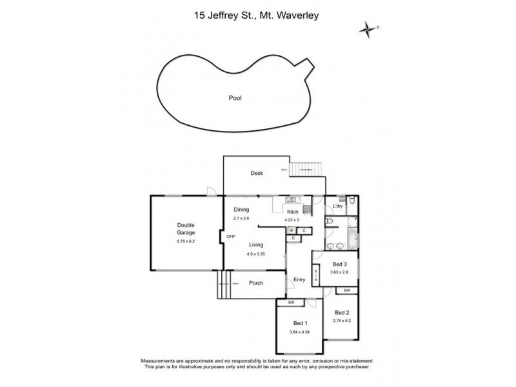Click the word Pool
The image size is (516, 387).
[x=235, y=99]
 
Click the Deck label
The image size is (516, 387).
[x=257, y=173]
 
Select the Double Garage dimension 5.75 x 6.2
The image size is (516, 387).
[x=185, y=241]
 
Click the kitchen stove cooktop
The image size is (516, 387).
[x=307, y=208]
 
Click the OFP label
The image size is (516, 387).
[x=230, y=237]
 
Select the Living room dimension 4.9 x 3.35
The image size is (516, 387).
[x=256, y=253]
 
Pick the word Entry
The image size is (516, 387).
[x=299, y=279]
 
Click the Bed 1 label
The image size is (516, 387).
[x=300, y=322]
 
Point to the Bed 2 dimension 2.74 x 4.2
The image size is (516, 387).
[x=342, y=320]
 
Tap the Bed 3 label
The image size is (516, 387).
[x=340, y=264]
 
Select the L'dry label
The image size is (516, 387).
[x=337, y=206]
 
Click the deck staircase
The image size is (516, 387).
[x=306, y=169]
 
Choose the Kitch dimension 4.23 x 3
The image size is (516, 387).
[x=293, y=219]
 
